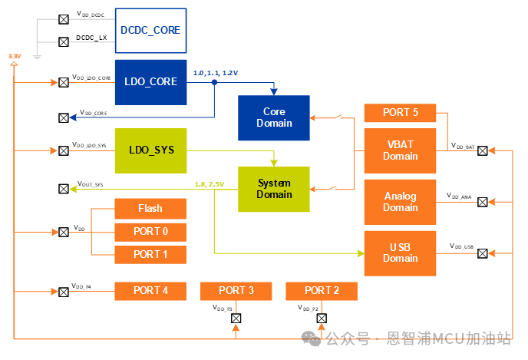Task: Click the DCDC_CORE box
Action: tap(150, 30)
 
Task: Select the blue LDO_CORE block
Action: tap(150, 82)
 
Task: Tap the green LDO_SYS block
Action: tap(150, 150)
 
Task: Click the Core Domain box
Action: tap(273, 118)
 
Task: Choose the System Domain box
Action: tap(273, 189)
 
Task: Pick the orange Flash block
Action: tap(150, 208)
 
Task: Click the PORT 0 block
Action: tap(150, 231)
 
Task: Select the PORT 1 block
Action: tap(150, 254)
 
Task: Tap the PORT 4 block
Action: tap(150, 291)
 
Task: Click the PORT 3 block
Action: tap(236, 291)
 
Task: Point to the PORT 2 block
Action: tap(322, 291)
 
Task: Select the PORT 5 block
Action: tap(400, 113)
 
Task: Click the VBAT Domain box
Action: tap(400, 150)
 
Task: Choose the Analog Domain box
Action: tap(400, 202)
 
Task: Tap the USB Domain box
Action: tap(400, 253)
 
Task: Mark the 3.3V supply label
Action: tap(14, 57)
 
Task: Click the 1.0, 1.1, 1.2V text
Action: tap(216, 72)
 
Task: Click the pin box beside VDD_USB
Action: tap(482, 253)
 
